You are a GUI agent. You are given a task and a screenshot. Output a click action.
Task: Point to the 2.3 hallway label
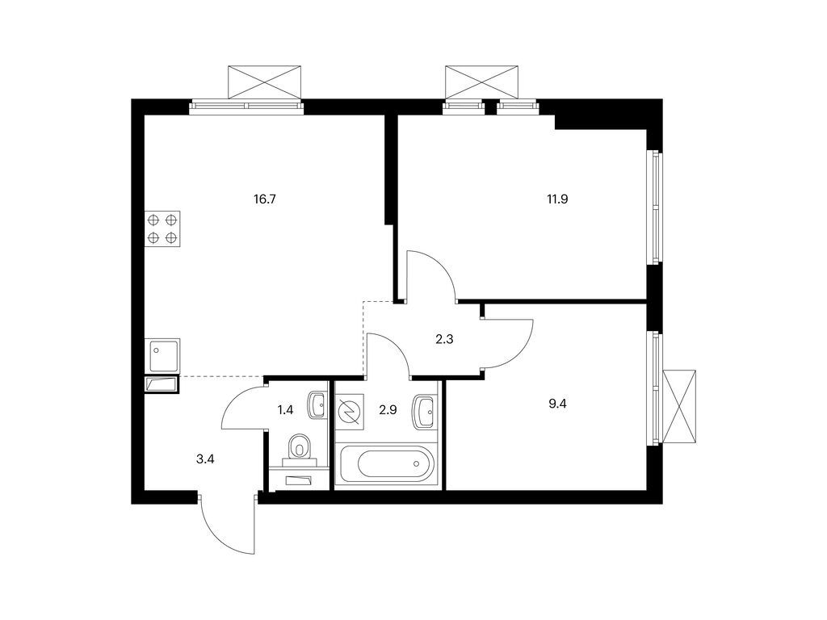click(x=444, y=340)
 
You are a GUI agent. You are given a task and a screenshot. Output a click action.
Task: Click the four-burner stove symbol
click(x=162, y=228)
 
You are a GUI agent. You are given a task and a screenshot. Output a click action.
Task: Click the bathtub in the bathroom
click(x=387, y=465)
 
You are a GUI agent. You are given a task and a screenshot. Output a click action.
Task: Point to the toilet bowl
click(x=300, y=447)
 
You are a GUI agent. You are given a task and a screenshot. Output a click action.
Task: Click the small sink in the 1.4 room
click(x=316, y=403)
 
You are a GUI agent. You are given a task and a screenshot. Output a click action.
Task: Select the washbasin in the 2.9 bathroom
click(x=425, y=412)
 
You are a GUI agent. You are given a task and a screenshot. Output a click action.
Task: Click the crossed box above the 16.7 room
click(x=266, y=82)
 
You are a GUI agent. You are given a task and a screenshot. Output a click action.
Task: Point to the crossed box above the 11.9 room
click(x=481, y=82)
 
